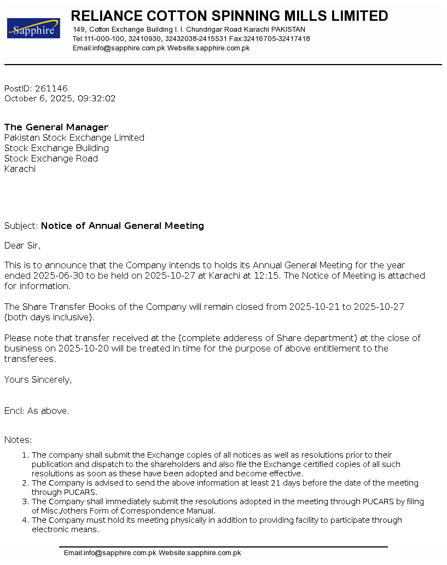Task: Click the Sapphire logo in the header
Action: click(x=33, y=28)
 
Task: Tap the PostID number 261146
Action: click(x=51, y=89)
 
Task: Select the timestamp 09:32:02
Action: click(x=97, y=99)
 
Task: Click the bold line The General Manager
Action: click(x=56, y=128)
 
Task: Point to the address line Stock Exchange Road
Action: click(x=51, y=159)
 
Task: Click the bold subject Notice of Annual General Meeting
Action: click(x=123, y=226)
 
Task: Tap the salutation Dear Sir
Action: click(x=22, y=246)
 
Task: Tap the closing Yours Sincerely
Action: click(x=38, y=380)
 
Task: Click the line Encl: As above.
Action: click(x=37, y=411)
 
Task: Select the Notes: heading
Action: click(x=18, y=440)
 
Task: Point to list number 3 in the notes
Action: click(x=25, y=502)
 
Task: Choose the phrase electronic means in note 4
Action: click(x=65, y=530)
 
